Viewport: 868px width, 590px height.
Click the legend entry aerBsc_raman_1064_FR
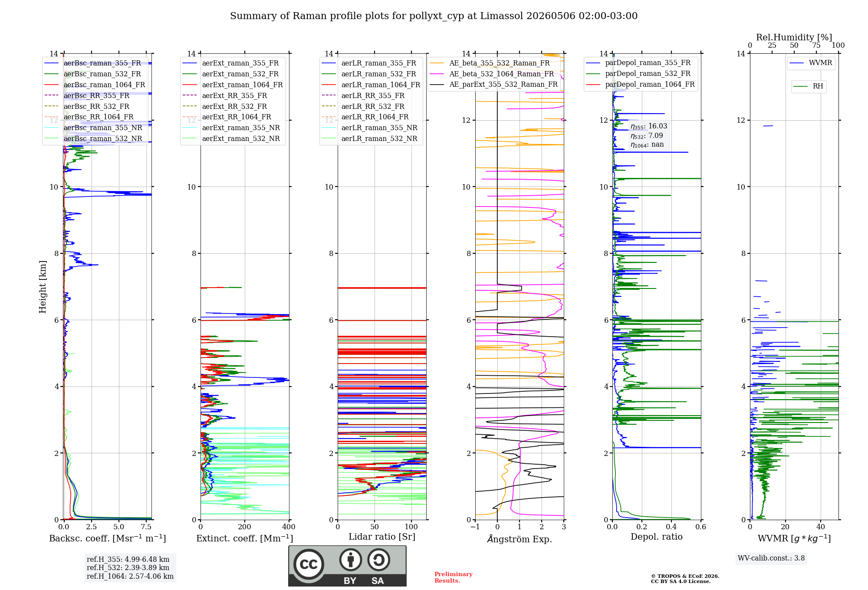pos(95,85)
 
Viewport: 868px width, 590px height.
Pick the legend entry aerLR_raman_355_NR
pos(369,128)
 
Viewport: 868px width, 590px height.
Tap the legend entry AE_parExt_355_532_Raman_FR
pos(493,84)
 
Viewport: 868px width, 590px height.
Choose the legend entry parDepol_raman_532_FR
pos(638,73)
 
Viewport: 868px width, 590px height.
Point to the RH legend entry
pos(808,86)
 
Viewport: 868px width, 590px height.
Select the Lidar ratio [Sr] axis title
pos(382,537)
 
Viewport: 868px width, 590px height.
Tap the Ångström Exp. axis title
pos(519,539)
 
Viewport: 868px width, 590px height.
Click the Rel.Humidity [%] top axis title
pos(794,37)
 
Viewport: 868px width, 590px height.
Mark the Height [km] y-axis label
pos(43,287)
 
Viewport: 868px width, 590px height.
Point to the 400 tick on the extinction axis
pos(289,527)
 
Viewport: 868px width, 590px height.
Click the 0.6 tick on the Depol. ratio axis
pos(700,527)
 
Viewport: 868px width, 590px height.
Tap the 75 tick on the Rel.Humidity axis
pos(816,45)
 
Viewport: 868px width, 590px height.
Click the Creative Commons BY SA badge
pos(347,566)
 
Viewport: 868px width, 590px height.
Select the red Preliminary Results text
pos(454,577)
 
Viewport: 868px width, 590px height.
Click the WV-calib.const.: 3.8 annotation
pos(771,558)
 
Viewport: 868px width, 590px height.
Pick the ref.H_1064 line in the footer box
pos(130,577)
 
